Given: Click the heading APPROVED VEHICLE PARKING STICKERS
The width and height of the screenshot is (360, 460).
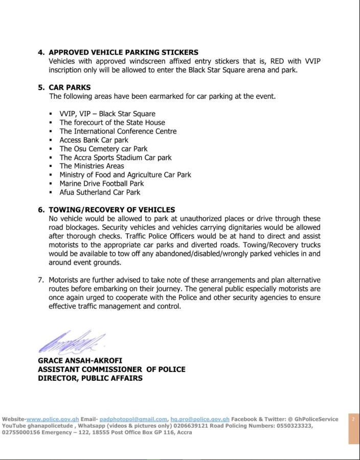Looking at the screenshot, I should point(123,52).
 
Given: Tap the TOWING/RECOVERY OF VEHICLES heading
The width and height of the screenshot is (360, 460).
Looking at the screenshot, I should point(111,210).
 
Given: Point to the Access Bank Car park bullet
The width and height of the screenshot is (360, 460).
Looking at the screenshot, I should point(94,140).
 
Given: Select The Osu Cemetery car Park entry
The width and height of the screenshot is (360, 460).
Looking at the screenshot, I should point(103,149).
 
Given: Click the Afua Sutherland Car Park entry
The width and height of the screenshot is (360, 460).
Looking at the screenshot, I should point(100,192).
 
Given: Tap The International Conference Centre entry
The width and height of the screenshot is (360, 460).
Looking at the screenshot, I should point(118,132).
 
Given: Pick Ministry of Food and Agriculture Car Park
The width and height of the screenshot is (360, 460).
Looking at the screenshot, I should point(125,175).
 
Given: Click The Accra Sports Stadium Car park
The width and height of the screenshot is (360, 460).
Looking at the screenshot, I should point(116,158).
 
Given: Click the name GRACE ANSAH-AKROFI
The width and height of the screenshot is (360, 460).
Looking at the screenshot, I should point(80,361).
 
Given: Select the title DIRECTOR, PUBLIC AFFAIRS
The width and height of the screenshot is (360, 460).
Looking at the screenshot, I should point(90,378).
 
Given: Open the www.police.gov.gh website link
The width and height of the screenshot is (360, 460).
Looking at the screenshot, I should point(53,419).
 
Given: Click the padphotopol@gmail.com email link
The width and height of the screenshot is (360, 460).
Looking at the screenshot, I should point(133,419).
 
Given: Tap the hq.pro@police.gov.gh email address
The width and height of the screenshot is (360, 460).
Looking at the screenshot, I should point(200,419).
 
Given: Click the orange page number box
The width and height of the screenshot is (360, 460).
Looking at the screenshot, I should point(353,429).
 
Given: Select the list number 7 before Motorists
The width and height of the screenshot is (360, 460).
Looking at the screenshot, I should point(41,280).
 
